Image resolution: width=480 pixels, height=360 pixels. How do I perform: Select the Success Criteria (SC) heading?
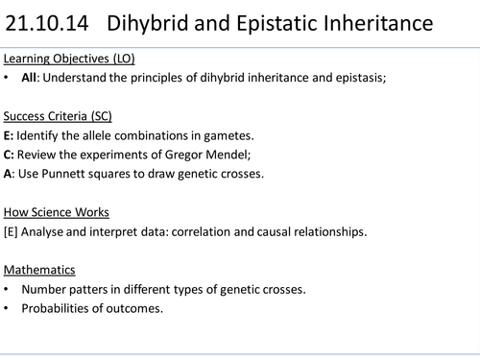click(x=57, y=116)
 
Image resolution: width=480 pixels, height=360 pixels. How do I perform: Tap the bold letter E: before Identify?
click(x=10, y=135)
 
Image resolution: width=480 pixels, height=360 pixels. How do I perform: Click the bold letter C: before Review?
click(x=10, y=154)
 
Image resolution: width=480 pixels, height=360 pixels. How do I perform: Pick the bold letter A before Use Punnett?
click(x=9, y=173)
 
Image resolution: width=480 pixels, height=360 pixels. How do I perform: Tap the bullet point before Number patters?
click(x=8, y=288)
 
